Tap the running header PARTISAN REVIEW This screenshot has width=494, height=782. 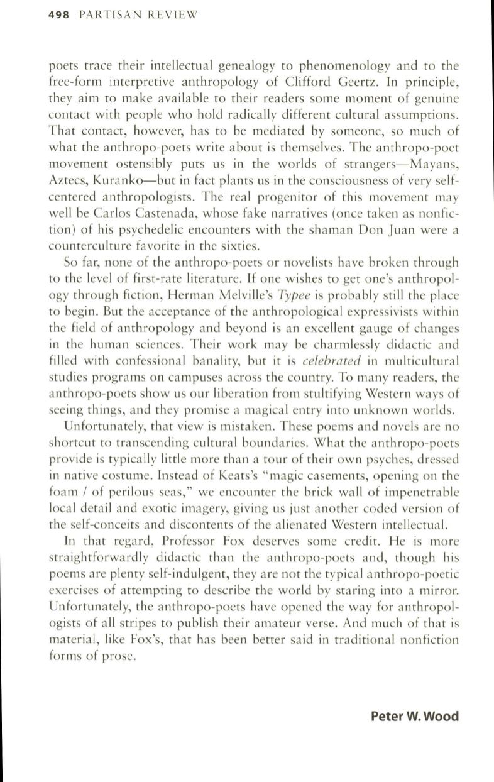point(138,14)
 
